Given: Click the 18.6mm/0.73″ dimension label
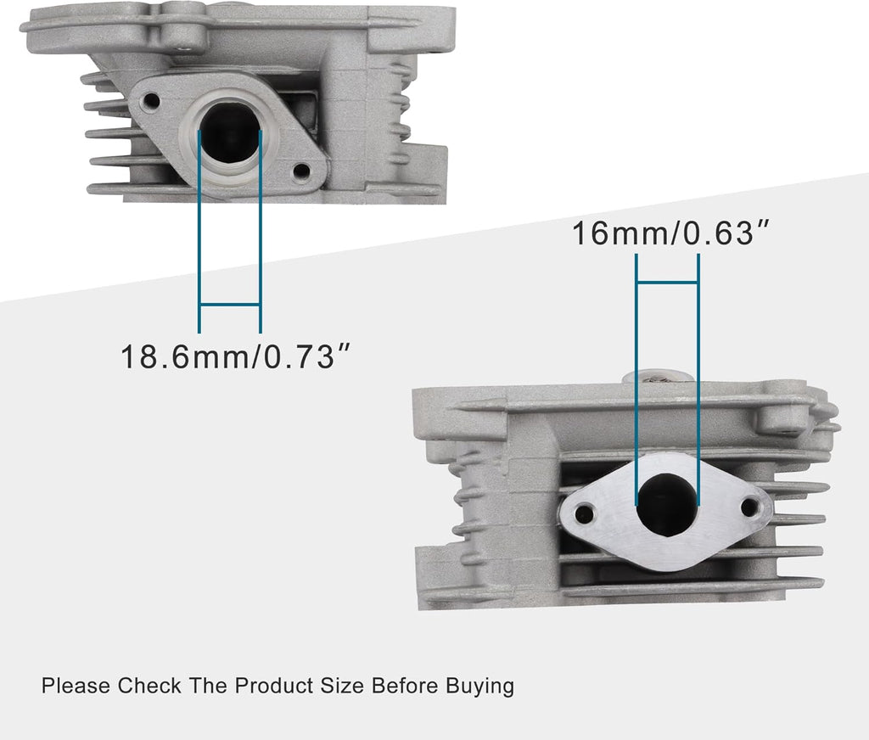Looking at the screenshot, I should [x=235, y=356].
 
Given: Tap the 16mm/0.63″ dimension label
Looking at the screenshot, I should [x=663, y=233].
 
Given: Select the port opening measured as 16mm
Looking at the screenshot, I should [x=668, y=504].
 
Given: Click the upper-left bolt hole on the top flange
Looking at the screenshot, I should [x=152, y=102].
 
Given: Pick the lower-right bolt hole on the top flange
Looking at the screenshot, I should [x=300, y=171].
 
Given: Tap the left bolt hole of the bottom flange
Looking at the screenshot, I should [x=584, y=513].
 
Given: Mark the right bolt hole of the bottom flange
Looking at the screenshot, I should [x=749, y=507].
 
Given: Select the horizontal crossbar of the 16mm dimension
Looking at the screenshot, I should [x=667, y=281].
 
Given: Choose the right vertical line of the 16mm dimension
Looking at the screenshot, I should [x=698, y=382].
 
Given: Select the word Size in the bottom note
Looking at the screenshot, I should [x=344, y=685].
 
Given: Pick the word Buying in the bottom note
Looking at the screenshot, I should [x=480, y=686].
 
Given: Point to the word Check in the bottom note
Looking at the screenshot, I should [x=149, y=685].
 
